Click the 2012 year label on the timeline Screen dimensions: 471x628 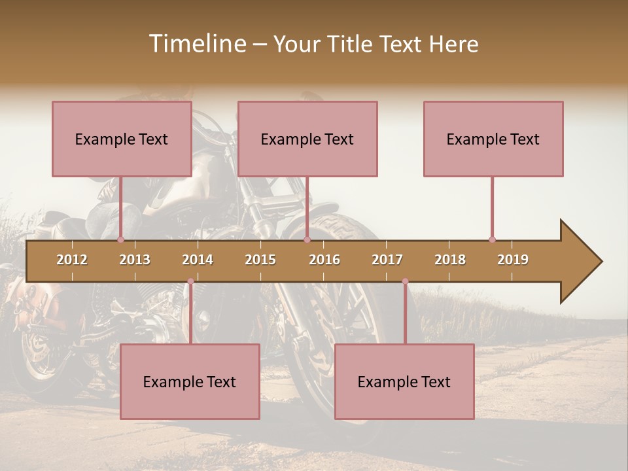(x=72, y=260)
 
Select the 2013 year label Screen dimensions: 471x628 (x=135, y=260)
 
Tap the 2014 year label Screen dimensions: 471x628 (x=198, y=260)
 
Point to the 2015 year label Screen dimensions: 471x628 (x=260, y=260)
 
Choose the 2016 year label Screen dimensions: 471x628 (x=324, y=260)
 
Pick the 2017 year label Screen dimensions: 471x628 (x=387, y=260)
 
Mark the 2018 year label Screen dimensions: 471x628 (x=450, y=260)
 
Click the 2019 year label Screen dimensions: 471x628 (x=513, y=260)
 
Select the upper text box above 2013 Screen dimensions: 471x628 (x=122, y=139)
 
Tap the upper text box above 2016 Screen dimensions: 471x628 (x=307, y=139)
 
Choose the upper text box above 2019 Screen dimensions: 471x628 (x=493, y=139)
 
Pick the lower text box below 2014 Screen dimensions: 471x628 (x=190, y=381)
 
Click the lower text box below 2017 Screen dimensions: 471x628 (x=404, y=381)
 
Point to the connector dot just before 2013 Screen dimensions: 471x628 (x=120, y=239)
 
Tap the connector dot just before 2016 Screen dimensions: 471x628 (x=307, y=239)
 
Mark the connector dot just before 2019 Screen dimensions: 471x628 (x=492, y=239)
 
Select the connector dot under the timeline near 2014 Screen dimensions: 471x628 (x=190, y=281)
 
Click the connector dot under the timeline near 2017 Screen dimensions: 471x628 (x=405, y=281)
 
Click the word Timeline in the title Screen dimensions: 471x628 (x=196, y=44)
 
